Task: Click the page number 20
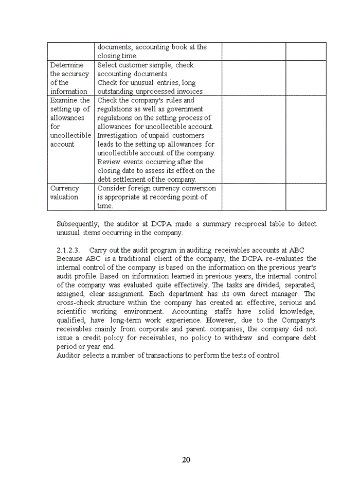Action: (186, 460)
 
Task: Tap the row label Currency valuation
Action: (64, 192)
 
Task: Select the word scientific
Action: (72, 311)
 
